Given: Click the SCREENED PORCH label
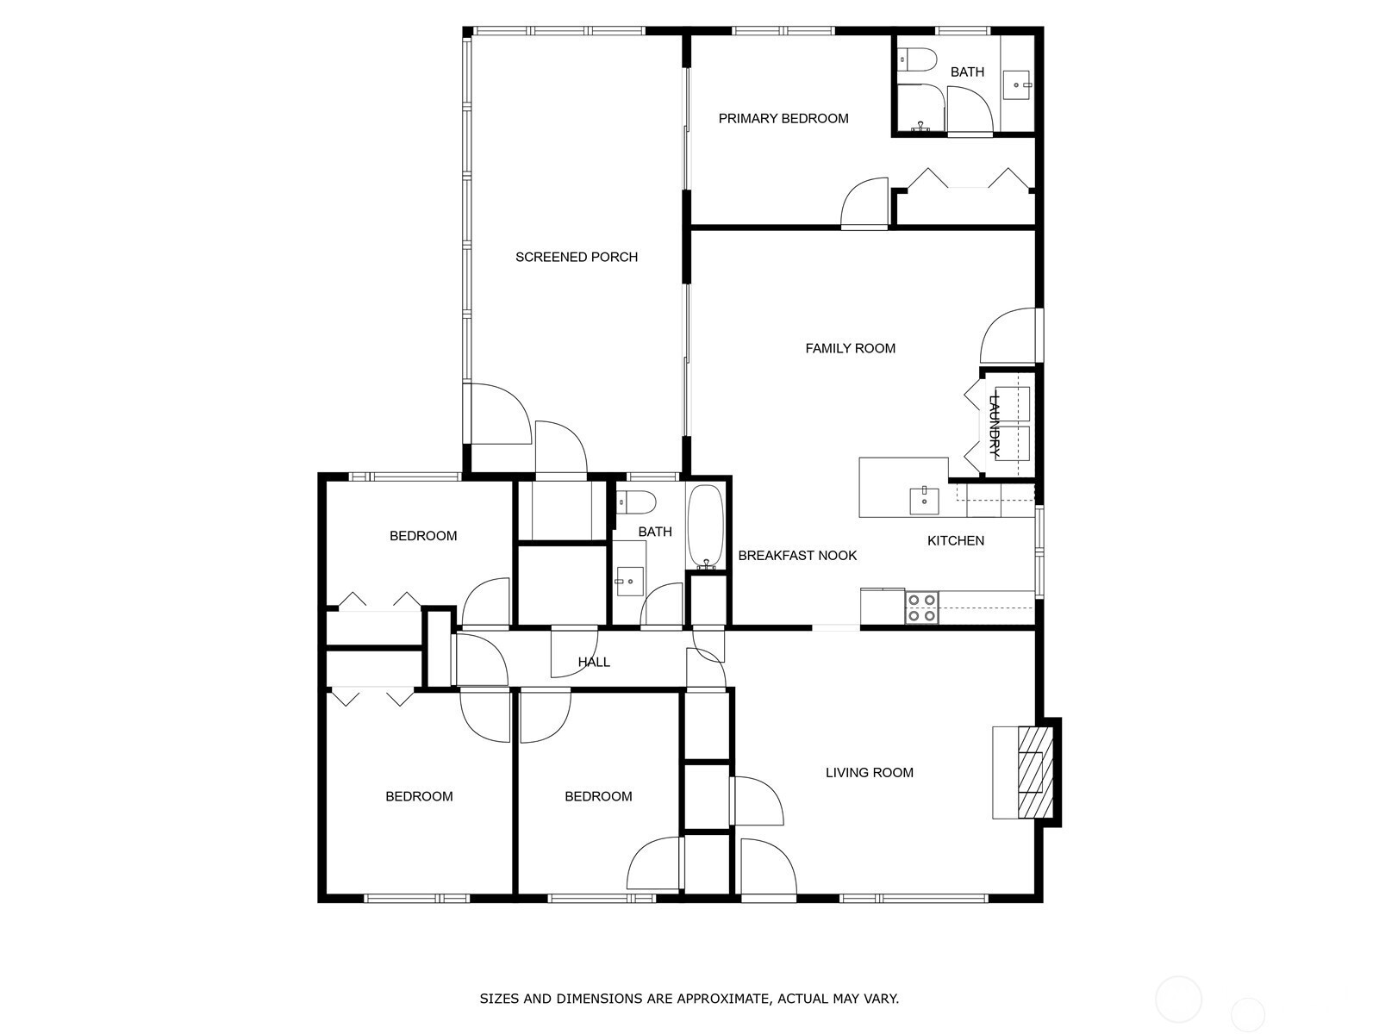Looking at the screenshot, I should (x=576, y=257).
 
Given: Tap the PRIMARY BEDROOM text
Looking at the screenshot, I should (x=783, y=119).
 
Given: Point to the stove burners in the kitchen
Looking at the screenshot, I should (x=921, y=607).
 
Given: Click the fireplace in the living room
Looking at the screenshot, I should (x=1034, y=772).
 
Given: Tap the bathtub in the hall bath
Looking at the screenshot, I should (x=707, y=526).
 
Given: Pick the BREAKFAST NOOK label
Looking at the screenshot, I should (x=796, y=556).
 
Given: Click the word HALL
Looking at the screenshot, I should (x=594, y=662).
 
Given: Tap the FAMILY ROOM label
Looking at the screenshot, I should (x=850, y=349).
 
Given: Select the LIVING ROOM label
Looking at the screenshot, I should (x=869, y=773).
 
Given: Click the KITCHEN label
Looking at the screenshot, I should (x=955, y=541).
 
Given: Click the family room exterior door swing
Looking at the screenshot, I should (x=1008, y=337).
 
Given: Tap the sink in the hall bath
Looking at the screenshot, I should (x=629, y=582).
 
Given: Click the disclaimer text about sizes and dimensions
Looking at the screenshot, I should (x=689, y=1000).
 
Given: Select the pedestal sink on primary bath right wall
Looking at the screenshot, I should (x=1019, y=84).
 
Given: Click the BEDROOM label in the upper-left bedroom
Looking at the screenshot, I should (x=422, y=536).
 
